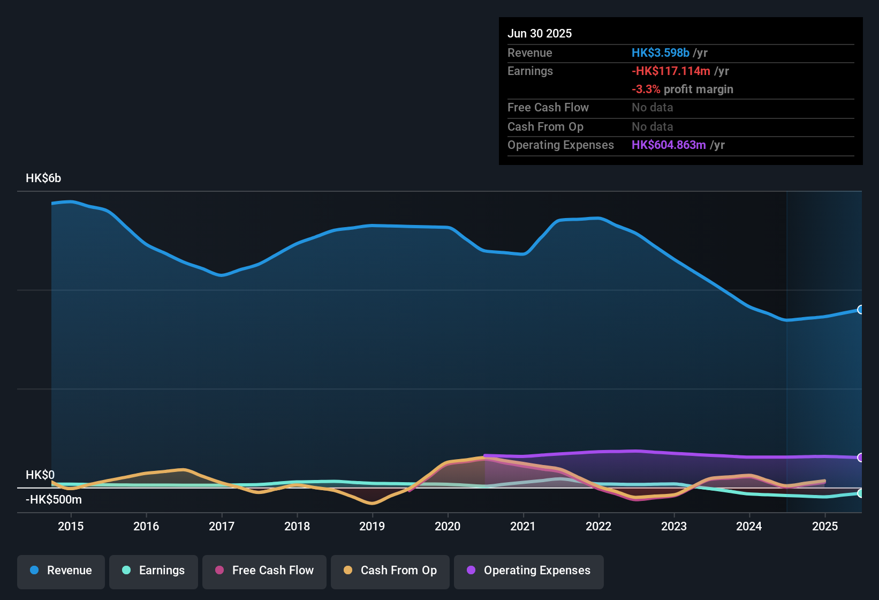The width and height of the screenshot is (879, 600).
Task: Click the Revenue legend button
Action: [61, 571]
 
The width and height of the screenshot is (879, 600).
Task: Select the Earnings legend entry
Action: [154, 571]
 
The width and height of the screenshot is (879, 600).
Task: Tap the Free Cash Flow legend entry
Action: [264, 571]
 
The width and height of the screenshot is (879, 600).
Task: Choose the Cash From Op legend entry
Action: [390, 571]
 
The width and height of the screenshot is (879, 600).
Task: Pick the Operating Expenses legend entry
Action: [529, 571]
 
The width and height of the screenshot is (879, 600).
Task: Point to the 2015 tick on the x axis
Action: [71, 526]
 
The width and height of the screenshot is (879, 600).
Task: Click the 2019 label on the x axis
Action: [372, 526]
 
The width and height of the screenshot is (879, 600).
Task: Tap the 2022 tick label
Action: [598, 526]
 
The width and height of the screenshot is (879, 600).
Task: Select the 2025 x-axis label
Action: [825, 526]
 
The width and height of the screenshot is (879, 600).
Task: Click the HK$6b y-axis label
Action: [43, 178]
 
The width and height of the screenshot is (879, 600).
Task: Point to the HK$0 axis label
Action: [40, 475]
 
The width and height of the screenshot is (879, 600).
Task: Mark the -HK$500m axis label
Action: [54, 500]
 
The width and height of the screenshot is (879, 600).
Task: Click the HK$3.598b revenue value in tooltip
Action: [661, 53]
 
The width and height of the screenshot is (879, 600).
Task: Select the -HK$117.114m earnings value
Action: [671, 71]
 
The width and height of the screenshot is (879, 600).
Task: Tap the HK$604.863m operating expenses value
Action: [669, 145]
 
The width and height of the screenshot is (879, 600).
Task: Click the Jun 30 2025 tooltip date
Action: [540, 34]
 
